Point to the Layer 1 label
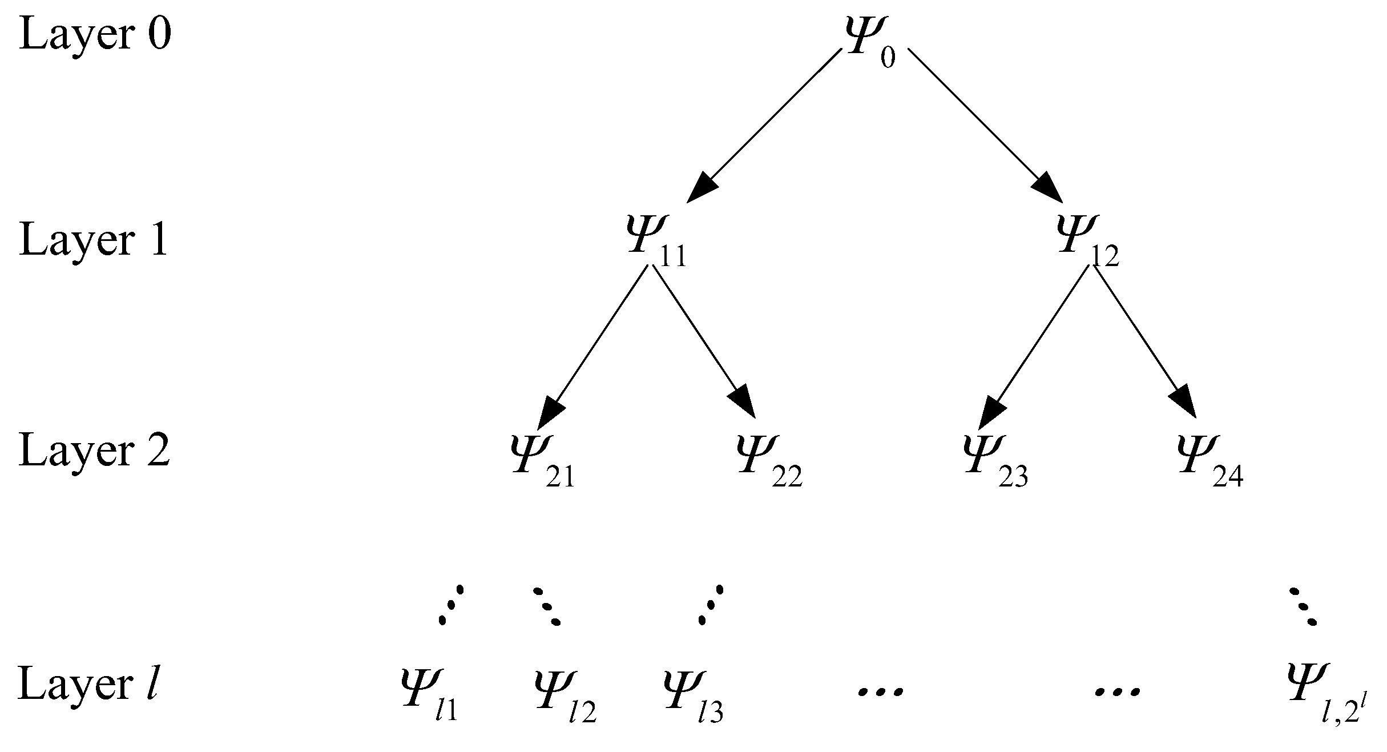click(x=94, y=240)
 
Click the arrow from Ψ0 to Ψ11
click(x=765, y=124)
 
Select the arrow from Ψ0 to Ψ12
click(x=985, y=124)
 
